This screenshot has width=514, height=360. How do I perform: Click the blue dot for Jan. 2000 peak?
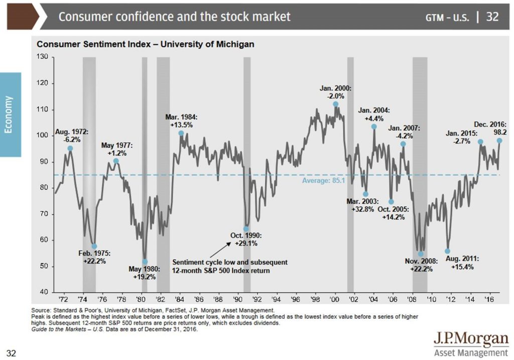(x=335, y=104)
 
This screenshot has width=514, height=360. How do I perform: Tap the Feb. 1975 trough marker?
(x=94, y=246)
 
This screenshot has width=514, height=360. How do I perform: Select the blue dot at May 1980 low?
(x=145, y=262)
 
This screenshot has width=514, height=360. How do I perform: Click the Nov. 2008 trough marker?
(x=421, y=254)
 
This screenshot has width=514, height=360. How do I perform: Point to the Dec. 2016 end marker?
(x=499, y=141)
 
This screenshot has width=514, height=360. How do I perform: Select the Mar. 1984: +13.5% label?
(x=181, y=121)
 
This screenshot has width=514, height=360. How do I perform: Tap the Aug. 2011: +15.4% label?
(x=462, y=263)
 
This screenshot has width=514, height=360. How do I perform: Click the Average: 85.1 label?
(x=320, y=180)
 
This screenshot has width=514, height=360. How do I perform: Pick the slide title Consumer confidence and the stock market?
(x=174, y=17)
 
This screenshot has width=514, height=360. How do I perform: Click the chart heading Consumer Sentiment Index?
(x=146, y=44)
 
